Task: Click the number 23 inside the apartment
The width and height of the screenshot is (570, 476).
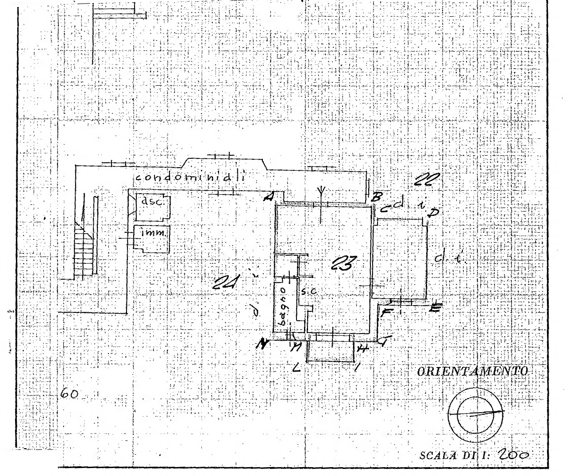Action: point(343,265)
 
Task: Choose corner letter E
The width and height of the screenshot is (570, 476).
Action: point(435,307)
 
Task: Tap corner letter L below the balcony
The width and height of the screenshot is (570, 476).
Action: point(297,367)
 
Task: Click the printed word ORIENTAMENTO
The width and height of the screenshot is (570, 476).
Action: point(473,371)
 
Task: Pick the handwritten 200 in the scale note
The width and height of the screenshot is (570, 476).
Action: point(515,455)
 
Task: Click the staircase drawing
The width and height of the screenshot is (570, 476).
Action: point(84,248)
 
